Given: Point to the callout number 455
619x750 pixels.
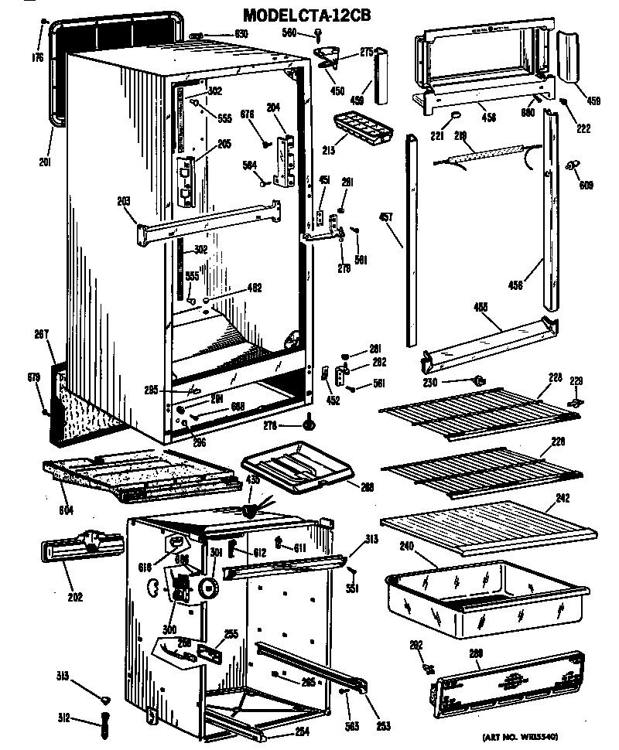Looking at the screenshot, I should click(x=480, y=307).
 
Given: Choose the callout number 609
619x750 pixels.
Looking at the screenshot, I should click(x=586, y=186).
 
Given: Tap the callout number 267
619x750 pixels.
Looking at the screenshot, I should click(x=41, y=334).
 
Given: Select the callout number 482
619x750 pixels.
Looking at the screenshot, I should click(x=253, y=288).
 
